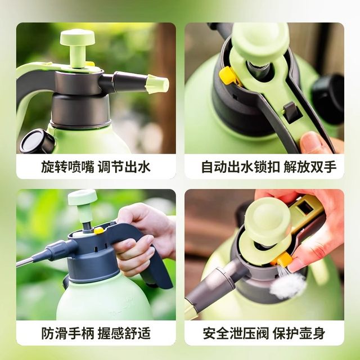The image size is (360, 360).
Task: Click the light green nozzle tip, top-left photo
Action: [157, 84]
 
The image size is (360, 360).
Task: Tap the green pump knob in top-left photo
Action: [77, 38]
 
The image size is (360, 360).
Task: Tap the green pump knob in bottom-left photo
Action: [83, 197]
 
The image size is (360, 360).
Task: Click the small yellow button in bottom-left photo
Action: [98, 230]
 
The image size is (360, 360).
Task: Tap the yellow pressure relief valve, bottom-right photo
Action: [283, 259]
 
